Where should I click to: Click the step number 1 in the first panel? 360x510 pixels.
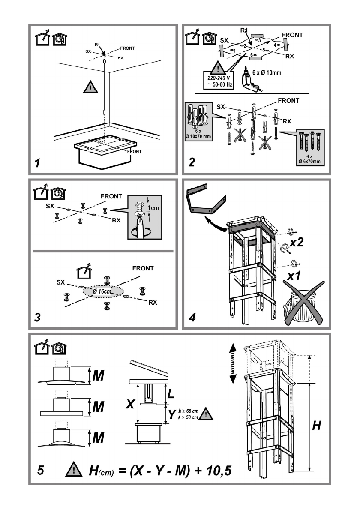(37, 162)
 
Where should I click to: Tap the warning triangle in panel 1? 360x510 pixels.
(90, 87)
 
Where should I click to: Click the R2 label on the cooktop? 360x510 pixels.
(101, 142)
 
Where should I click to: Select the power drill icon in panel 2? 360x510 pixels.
(250, 80)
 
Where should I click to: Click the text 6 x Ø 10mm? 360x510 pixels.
(267, 72)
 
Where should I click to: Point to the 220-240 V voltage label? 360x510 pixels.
(219, 78)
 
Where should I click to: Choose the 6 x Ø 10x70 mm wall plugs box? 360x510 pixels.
(198, 122)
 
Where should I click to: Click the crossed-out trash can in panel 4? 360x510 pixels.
(303, 303)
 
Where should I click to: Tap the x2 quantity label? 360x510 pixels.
(296, 242)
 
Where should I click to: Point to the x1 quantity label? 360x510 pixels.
(294, 276)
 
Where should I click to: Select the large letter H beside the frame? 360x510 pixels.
(316, 426)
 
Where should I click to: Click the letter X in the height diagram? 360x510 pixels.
(130, 404)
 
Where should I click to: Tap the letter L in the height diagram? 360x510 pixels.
(171, 394)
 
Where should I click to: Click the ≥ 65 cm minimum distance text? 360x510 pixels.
(191, 411)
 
